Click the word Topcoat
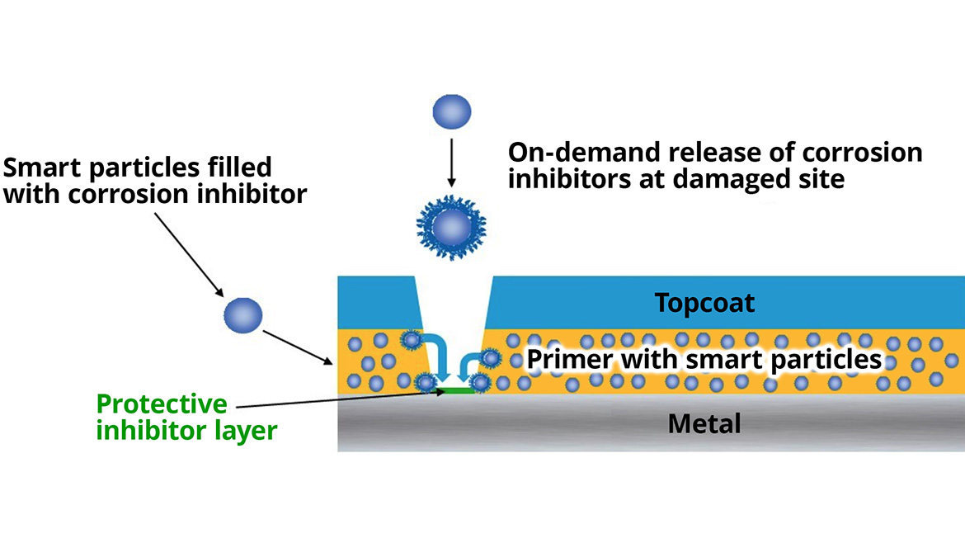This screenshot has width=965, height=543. click(704, 303)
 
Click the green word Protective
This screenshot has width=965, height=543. click(162, 404)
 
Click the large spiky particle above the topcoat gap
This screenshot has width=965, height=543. click(451, 223)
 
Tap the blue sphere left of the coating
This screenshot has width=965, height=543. click(242, 314)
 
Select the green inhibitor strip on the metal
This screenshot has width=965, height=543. click(456, 390)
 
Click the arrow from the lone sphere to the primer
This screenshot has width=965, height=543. click(297, 347)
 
